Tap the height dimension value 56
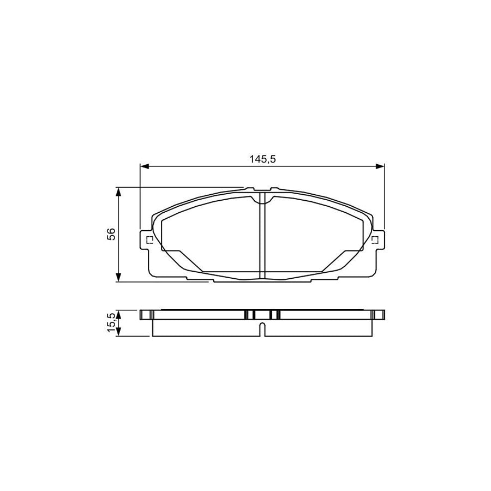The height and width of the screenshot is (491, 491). coord(111,235)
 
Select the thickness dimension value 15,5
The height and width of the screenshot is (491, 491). coord(111,322)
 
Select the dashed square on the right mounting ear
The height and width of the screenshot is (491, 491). coord(375,239)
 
